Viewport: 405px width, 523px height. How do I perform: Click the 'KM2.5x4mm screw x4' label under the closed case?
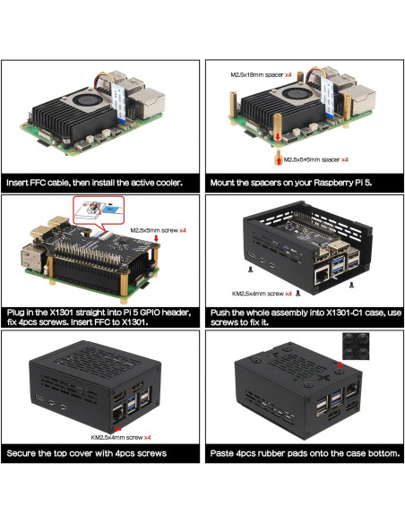click(x=120, y=438)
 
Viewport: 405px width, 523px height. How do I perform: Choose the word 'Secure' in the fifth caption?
click(x=22, y=454)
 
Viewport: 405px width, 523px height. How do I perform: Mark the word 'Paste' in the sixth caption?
click(x=223, y=454)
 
